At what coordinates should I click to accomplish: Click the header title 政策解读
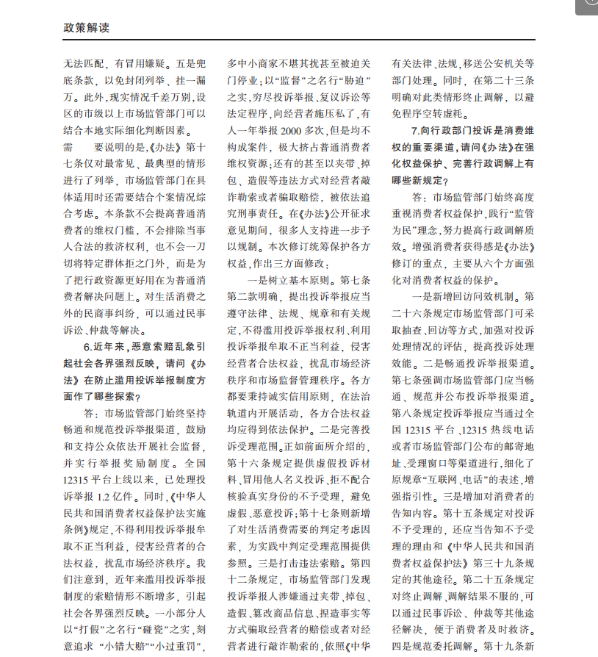(x=87, y=27)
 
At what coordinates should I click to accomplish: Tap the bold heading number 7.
(x=416, y=130)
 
